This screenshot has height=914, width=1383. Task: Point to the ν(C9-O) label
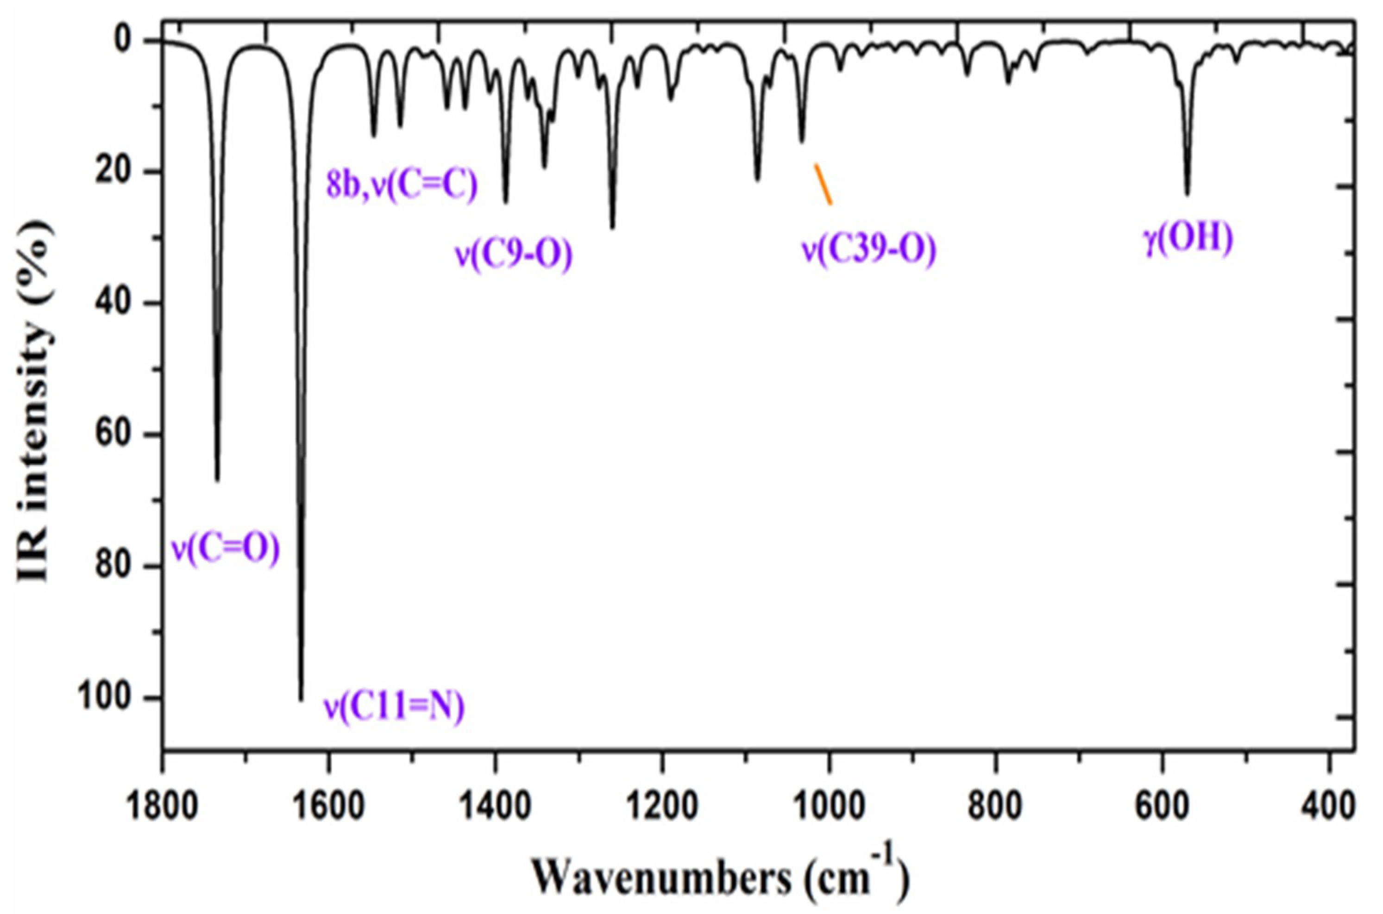pos(513,254)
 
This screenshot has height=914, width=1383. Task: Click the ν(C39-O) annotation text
pos(869,249)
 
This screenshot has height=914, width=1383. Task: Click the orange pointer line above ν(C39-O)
pos(823,184)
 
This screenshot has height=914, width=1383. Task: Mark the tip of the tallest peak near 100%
pos(301,699)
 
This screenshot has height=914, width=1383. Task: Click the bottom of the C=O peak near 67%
pos(218,480)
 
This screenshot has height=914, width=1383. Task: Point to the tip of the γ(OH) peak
pos(1187,194)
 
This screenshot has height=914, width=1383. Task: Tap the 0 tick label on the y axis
pos(132,40)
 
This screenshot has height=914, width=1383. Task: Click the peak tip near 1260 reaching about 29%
pos(612,228)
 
